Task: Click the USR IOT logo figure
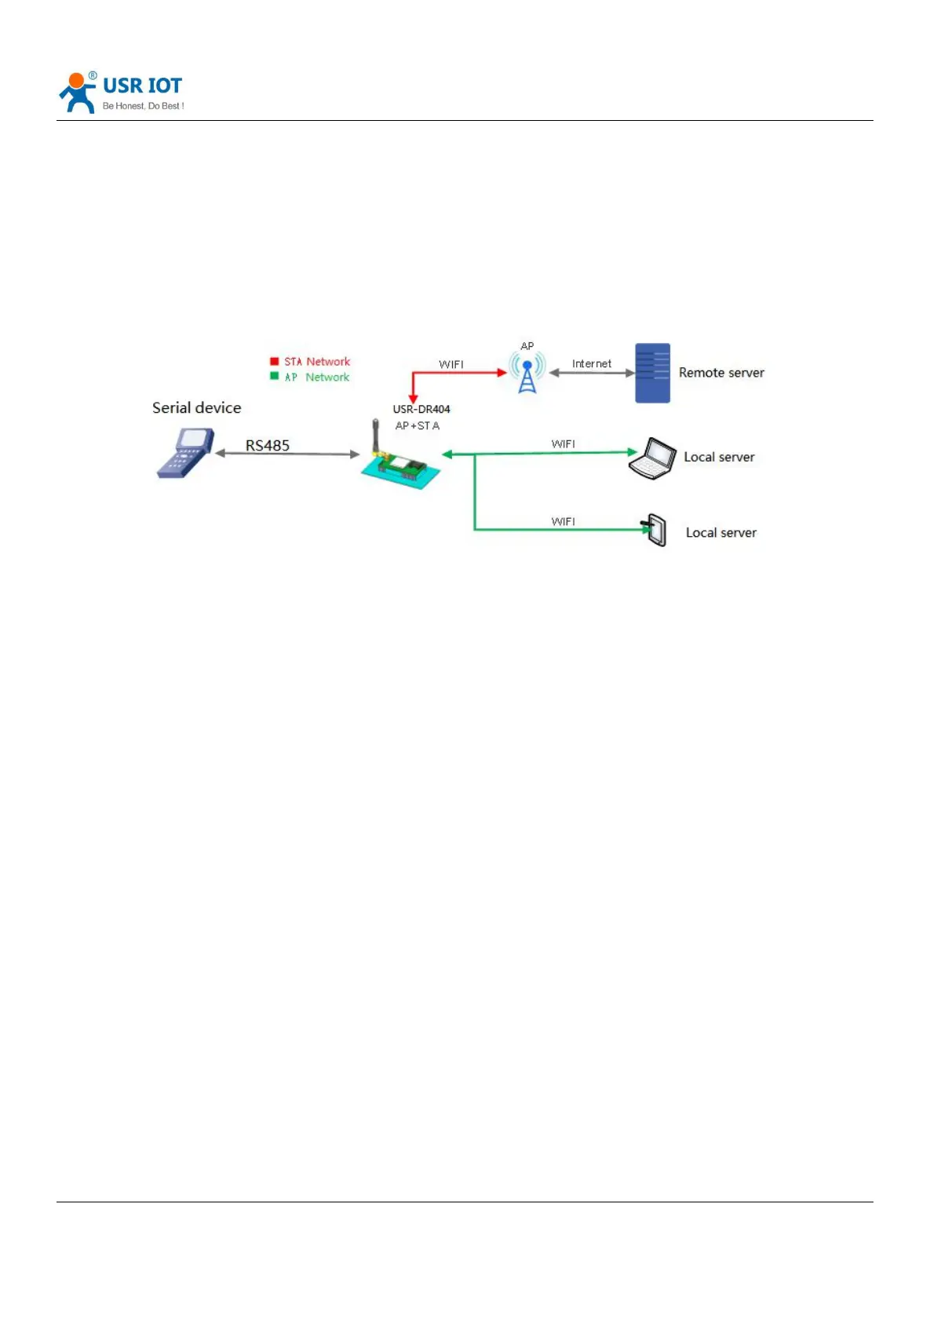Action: tap(77, 93)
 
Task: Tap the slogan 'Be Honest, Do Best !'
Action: tap(143, 106)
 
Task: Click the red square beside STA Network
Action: tap(275, 361)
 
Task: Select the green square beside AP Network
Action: tap(275, 376)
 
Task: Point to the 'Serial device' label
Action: tap(196, 407)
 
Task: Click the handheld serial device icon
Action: tap(185, 452)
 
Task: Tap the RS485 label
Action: tap(268, 445)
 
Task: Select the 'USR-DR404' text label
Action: tap(421, 409)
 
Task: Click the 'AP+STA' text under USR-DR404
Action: tap(418, 425)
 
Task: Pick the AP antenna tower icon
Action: tap(527, 372)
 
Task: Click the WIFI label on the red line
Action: tap(451, 364)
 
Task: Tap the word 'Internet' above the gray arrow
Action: tap(592, 363)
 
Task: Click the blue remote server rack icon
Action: tap(652, 373)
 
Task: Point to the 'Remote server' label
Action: tap(721, 373)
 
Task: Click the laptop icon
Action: tap(652, 458)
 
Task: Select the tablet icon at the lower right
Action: tap(655, 530)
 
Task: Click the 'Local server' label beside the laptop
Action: tap(719, 457)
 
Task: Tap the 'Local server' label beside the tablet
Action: tap(721, 532)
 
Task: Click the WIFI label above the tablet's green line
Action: tap(563, 521)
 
